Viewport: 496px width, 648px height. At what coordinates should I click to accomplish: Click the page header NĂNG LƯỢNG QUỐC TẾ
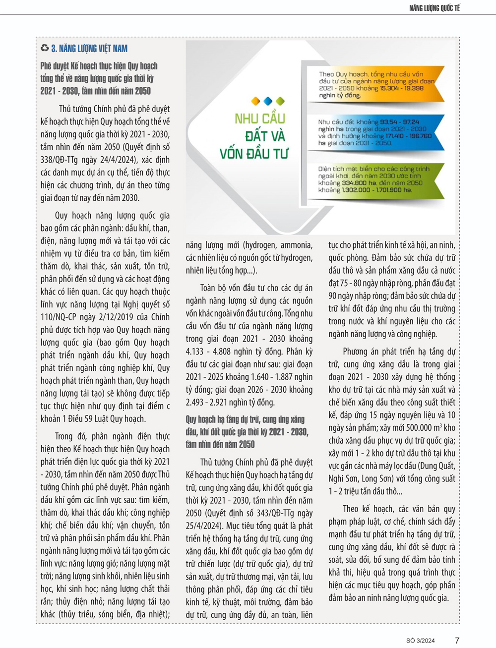[x=434, y=8]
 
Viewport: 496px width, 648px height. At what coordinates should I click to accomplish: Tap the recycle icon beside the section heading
[x=45, y=48]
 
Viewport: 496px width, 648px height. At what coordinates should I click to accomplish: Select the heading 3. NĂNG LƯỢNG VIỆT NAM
[x=89, y=49]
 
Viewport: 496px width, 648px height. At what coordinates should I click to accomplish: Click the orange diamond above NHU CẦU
[x=255, y=101]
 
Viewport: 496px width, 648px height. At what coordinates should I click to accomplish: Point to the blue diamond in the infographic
[x=268, y=101]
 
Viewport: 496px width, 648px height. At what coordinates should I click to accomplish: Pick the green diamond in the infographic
[x=280, y=101]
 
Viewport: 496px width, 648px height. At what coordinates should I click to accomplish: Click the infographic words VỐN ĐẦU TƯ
[x=253, y=153]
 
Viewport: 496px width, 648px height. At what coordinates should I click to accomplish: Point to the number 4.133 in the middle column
[x=195, y=352]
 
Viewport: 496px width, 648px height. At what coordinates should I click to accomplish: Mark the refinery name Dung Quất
[x=436, y=466]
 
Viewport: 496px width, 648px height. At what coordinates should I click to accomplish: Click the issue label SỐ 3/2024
[x=420, y=641]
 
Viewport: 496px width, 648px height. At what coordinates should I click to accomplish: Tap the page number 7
[x=457, y=640]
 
